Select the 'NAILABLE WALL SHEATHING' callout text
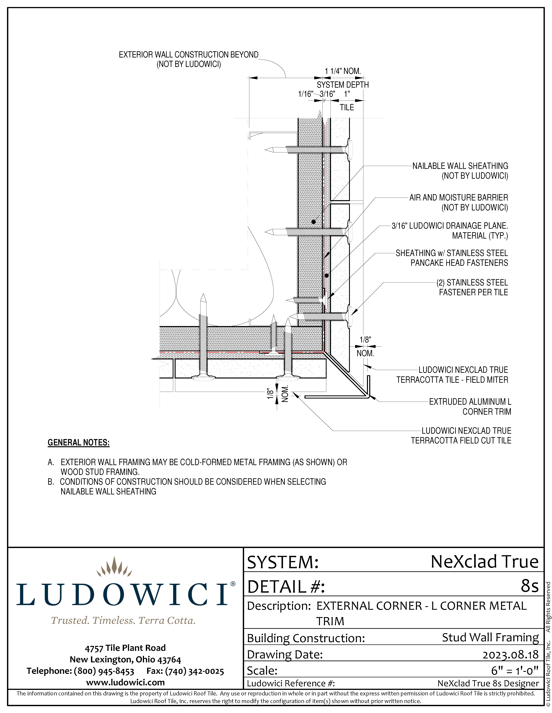point(460,166)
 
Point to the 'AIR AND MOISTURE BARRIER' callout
point(458,198)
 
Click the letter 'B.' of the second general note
point(51,482)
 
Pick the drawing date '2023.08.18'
point(511,655)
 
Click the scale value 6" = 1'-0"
point(514,670)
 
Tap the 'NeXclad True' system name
point(484,562)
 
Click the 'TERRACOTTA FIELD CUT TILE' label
point(461,441)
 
